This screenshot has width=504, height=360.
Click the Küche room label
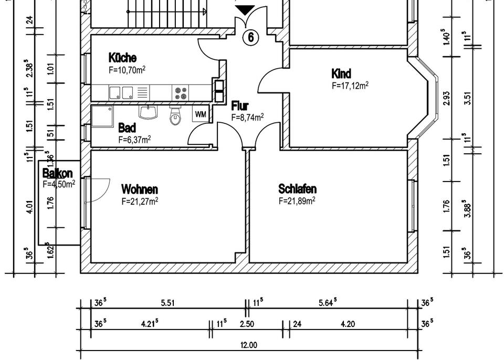[x=122, y=57]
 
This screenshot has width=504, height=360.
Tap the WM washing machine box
[x=201, y=114]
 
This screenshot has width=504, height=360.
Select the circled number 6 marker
[x=251, y=37]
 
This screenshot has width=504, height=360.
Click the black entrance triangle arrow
[x=244, y=10]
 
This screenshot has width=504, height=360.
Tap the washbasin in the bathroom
[x=148, y=112]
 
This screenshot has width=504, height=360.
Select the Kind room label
[x=341, y=73]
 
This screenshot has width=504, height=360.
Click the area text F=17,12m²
[x=350, y=86]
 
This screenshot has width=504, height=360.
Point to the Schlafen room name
[x=297, y=188]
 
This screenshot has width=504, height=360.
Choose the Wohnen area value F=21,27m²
[x=140, y=200]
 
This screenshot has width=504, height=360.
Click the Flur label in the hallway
[x=240, y=107]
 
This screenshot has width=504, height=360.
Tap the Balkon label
[x=57, y=173]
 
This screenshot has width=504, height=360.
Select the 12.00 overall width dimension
[x=249, y=345]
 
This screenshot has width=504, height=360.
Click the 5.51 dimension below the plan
[x=167, y=303]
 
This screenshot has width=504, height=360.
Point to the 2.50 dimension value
[x=247, y=324]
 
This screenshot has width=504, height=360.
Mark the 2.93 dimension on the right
[x=447, y=98]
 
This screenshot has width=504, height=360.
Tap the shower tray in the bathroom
[x=102, y=117]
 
